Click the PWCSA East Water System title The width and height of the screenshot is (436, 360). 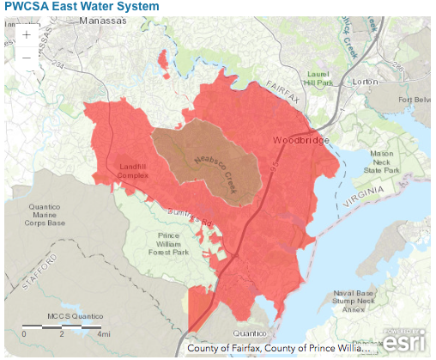[80, 7]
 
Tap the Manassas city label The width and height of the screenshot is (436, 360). [102, 26]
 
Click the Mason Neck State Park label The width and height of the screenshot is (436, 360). [381, 162]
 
